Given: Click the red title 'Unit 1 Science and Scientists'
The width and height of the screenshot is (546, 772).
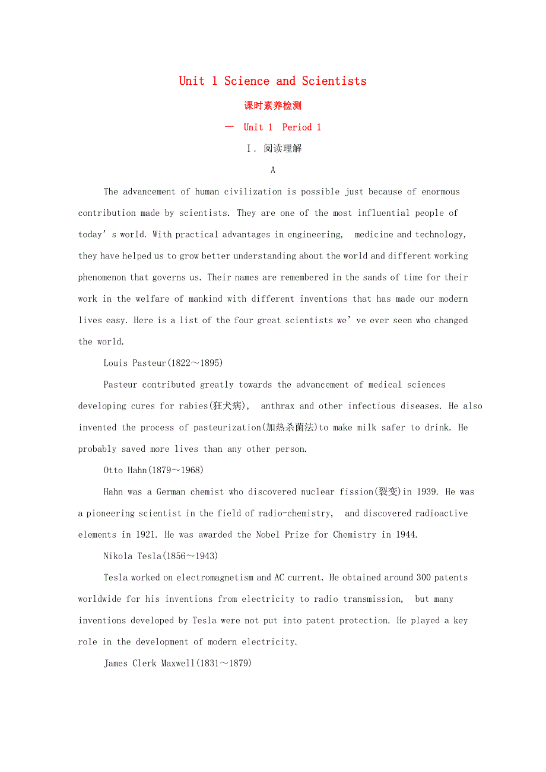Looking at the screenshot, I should tap(272, 81).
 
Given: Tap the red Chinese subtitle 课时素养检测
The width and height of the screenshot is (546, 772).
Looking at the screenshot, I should tap(272, 106).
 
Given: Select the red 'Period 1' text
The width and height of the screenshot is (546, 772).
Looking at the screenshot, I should tap(301, 127).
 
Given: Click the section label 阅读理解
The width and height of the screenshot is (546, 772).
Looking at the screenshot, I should tap(282, 148).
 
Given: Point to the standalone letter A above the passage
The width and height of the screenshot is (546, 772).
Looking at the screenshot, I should tap(273, 170).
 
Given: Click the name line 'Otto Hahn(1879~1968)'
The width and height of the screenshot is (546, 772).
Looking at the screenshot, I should tap(153, 470).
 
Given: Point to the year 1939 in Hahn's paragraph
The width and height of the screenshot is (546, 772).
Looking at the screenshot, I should tap(428, 492).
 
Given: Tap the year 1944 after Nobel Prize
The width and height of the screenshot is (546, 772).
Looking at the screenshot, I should tap(406, 535).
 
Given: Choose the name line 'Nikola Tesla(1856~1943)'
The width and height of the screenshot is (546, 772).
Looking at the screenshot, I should tap(161, 556).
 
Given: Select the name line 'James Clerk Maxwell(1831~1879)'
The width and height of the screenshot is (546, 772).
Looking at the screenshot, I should tap(177, 663).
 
